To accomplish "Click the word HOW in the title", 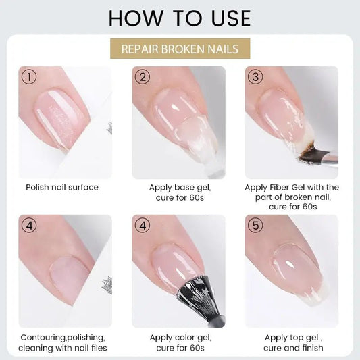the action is (x=135, y=18).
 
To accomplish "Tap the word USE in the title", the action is (x=231, y=18).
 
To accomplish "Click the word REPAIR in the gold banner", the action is (x=140, y=49).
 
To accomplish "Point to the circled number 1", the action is (x=29, y=77).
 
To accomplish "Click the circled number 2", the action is (x=143, y=77).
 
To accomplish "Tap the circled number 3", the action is (x=255, y=77).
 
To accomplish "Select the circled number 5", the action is (x=255, y=225).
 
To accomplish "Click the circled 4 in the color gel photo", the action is (x=143, y=225).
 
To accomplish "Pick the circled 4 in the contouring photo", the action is (x=29, y=225).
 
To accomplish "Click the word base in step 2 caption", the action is (x=184, y=187).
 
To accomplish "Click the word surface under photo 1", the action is (x=83, y=187).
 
